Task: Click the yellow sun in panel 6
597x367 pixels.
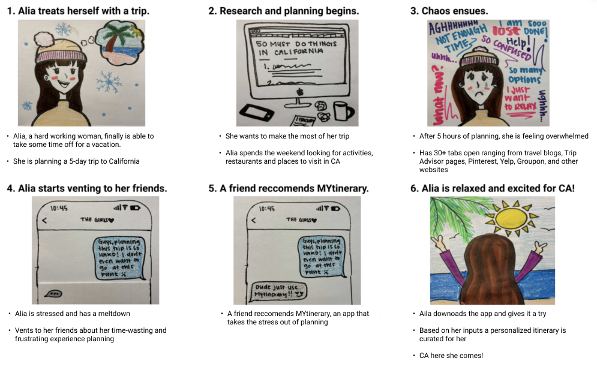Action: click(511, 221)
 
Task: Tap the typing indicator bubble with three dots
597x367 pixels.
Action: click(55, 294)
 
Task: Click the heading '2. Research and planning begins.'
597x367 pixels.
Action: click(284, 11)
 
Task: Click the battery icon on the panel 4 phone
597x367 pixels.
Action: click(137, 208)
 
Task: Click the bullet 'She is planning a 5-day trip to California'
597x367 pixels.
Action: click(76, 161)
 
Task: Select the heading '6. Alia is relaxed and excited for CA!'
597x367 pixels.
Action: click(493, 188)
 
